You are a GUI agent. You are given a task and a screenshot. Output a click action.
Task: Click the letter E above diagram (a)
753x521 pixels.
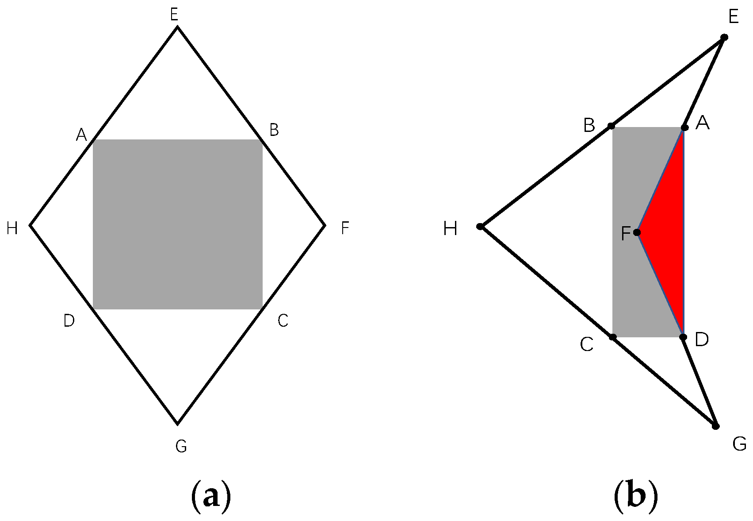(x=174, y=15)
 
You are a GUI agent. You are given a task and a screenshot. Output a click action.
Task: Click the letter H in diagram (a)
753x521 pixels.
(x=12, y=228)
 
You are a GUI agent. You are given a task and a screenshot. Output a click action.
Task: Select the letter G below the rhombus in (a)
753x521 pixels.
(x=181, y=447)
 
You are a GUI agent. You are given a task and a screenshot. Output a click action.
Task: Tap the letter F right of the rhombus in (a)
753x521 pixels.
(x=345, y=228)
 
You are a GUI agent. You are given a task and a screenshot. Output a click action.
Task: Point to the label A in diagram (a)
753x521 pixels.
(x=81, y=134)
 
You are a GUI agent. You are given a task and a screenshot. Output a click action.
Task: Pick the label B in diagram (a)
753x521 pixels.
(x=274, y=130)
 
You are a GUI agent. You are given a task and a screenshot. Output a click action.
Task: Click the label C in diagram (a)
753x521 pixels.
(x=283, y=320)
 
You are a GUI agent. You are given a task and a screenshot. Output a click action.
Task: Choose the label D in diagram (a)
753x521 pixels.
(x=69, y=320)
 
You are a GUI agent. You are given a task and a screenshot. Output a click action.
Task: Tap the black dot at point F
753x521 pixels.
(x=637, y=232)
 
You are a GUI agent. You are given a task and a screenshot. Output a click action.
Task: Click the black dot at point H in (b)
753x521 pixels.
(x=480, y=227)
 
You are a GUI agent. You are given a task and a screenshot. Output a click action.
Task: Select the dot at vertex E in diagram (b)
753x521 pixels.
(x=724, y=37)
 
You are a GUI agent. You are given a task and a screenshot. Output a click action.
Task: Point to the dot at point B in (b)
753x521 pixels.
(x=611, y=126)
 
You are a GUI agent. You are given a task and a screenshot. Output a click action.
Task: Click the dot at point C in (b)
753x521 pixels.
(x=612, y=337)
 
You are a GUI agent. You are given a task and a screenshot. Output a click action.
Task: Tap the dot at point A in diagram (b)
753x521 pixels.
(x=684, y=127)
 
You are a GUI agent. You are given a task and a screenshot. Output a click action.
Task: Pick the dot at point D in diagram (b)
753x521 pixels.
(x=683, y=337)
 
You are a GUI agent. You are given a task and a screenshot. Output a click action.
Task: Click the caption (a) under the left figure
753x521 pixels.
(x=211, y=496)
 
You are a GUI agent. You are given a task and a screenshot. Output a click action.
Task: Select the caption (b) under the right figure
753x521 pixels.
(x=636, y=496)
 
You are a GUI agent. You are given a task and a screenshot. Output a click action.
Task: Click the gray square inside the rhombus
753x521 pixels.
(x=177, y=224)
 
